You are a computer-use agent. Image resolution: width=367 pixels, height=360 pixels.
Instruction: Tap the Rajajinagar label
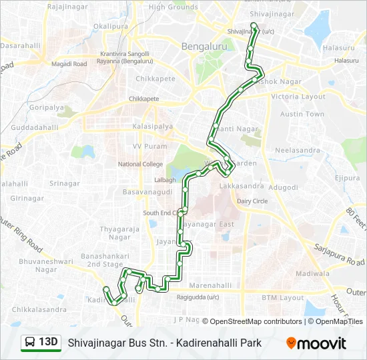69,8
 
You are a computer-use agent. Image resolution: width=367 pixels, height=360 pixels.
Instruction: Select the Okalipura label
110,26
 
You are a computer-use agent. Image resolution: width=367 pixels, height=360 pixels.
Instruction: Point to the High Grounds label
173,7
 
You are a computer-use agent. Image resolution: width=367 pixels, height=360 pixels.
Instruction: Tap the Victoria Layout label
298,97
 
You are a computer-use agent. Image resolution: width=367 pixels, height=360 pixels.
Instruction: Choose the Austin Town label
302,114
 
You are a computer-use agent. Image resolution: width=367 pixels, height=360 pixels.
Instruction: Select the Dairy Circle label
252,201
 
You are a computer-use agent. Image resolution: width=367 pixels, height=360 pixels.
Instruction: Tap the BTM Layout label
283,297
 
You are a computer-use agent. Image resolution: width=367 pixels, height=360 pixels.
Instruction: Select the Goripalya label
41,107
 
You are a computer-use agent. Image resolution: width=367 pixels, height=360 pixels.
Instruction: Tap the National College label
140,164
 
